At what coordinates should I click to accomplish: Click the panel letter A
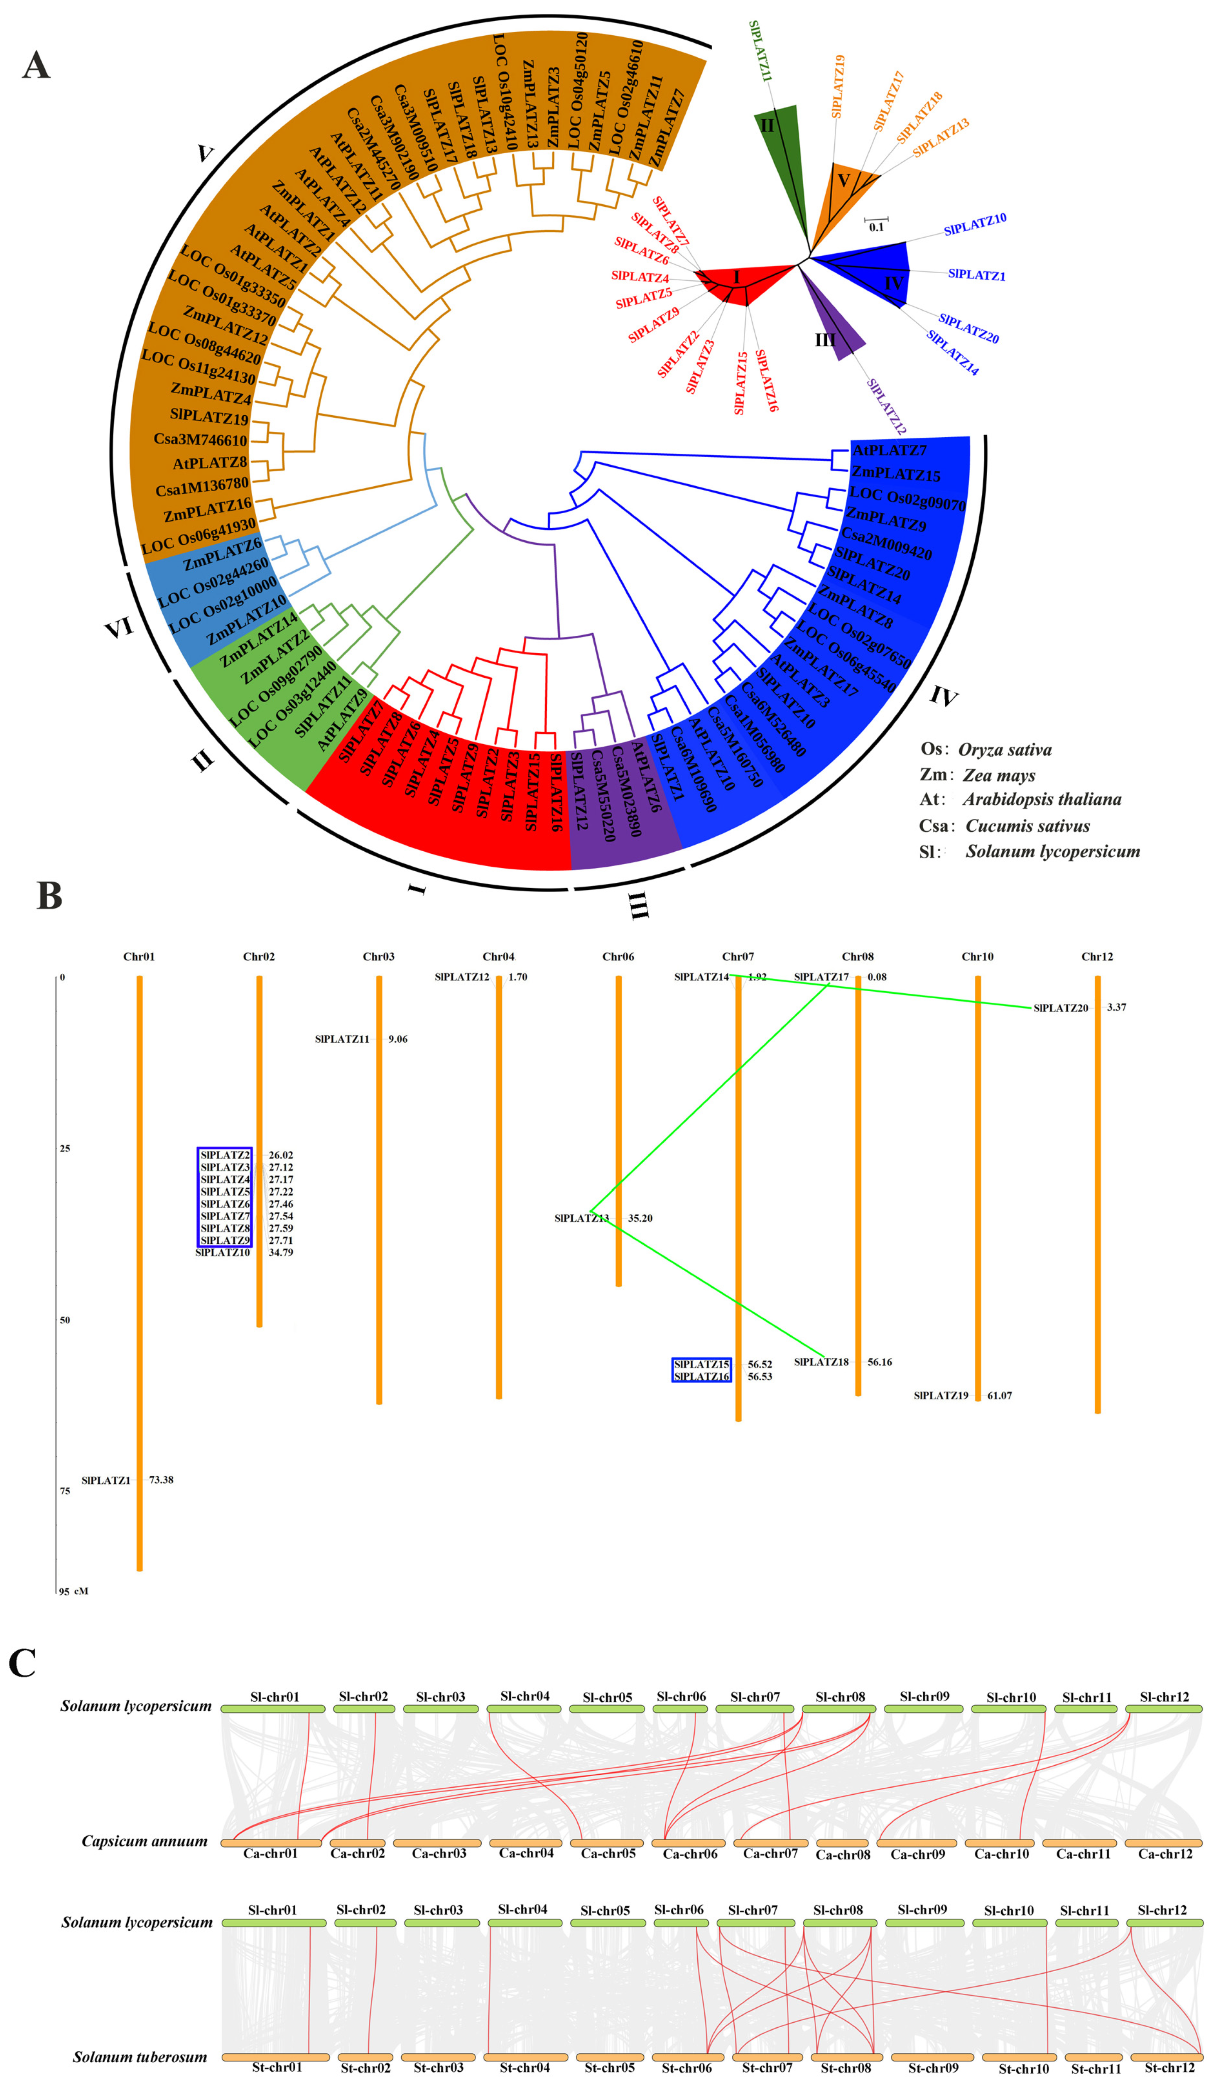click(36, 65)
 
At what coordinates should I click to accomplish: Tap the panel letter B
click(49, 896)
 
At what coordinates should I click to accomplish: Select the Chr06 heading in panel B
click(618, 956)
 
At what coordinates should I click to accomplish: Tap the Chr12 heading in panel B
click(1096, 956)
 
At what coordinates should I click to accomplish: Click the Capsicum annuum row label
click(145, 1841)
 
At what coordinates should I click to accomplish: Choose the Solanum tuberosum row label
click(140, 2057)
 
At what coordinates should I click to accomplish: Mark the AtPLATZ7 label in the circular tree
click(889, 450)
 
